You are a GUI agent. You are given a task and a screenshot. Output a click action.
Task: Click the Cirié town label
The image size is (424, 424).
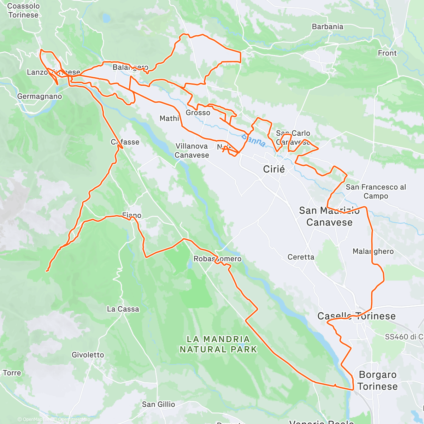coord(274,169)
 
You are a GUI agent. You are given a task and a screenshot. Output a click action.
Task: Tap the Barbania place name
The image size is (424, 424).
coord(328,27)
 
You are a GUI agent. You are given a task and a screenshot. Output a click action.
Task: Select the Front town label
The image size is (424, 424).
coord(387,53)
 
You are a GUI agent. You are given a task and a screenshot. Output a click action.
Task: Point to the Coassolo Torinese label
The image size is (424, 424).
coord(23,11)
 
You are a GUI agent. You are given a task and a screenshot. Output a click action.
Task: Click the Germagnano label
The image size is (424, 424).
coord(40,96)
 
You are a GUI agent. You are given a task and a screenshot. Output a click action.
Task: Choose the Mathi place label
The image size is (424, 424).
coord(169,119)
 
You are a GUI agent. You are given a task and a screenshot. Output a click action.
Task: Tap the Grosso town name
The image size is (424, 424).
coord(198,113)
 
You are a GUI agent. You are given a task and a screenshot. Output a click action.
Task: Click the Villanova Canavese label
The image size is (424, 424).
coord(192,151)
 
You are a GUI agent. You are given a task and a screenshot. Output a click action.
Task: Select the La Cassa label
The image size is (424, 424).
coord(123,309)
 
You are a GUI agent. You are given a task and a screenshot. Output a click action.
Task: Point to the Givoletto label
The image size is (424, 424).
coord(88,355)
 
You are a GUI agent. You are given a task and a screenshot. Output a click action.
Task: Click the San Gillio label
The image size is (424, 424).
coord(158,405)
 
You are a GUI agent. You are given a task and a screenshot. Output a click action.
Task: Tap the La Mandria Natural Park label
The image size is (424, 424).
coord(218,344)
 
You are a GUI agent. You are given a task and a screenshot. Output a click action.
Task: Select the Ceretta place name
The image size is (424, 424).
coord(301,257)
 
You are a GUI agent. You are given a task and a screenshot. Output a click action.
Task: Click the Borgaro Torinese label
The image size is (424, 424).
coord(377,381)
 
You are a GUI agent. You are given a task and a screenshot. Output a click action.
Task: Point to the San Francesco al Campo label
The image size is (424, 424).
coord(376,192)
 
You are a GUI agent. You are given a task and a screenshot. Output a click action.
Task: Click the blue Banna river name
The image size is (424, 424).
coord(254,140)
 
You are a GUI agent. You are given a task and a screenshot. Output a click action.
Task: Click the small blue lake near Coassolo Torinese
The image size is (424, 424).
coord(106,17)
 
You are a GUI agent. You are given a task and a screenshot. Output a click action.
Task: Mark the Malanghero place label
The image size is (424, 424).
coord(373,252)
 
